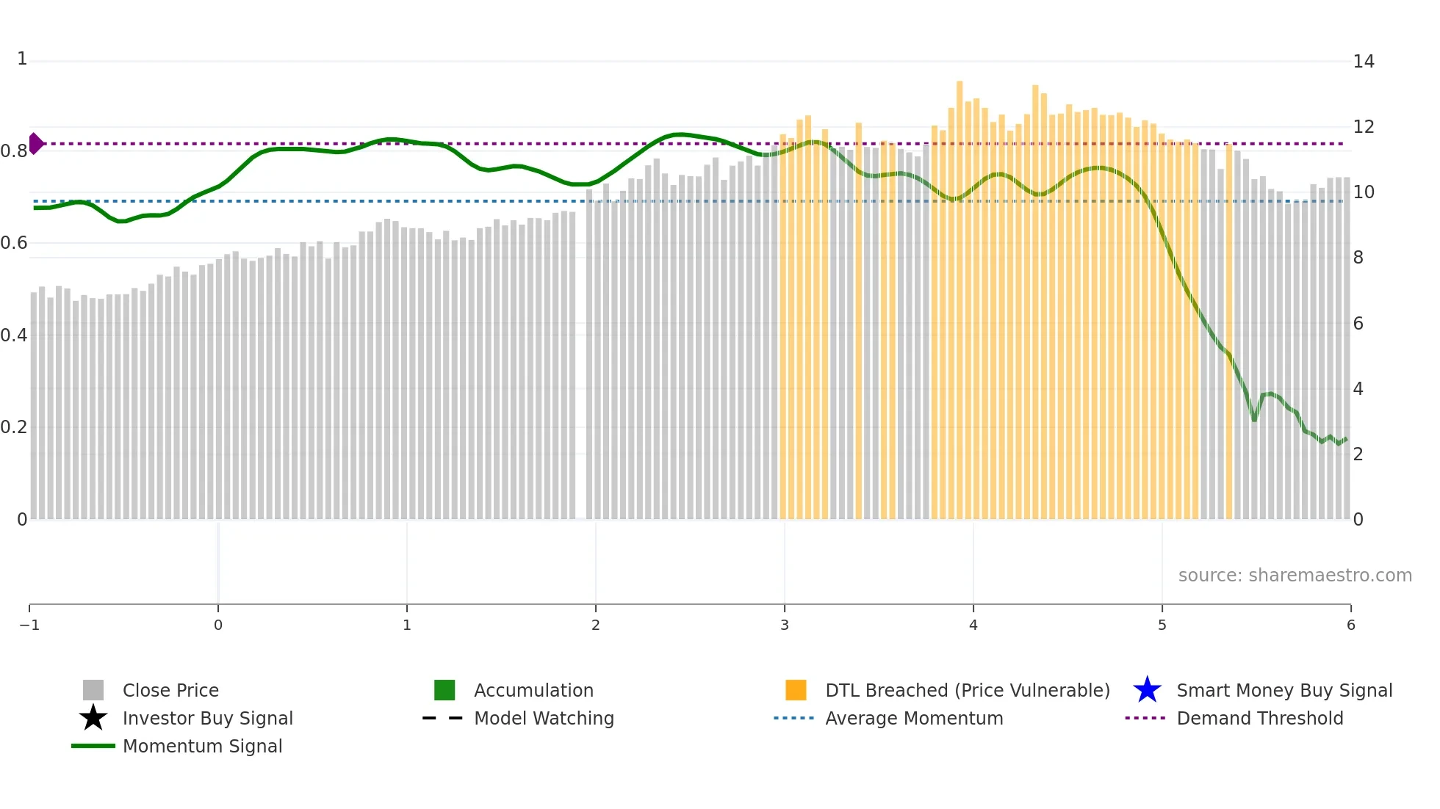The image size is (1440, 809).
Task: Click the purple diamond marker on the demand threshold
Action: [36, 144]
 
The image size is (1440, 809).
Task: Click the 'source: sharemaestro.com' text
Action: [1295, 576]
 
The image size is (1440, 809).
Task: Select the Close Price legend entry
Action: [170, 691]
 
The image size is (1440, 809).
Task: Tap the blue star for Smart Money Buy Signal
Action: [1147, 691]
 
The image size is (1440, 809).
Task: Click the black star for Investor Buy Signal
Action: [93, 719]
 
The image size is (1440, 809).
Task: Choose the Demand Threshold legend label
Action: [1259, 719]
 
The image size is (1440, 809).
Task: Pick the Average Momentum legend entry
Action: [913, 719]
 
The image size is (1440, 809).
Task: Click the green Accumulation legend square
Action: [444, 691]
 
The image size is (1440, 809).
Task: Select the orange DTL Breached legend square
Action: [796, 691]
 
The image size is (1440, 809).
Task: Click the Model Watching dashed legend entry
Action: [543, 719]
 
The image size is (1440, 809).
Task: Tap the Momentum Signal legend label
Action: [202, 747]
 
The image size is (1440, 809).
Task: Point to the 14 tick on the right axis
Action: [1363, 62]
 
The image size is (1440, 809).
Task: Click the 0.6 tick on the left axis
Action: [15, 243]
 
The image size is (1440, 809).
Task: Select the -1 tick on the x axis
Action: [29, 625]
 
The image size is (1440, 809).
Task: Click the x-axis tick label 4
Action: [973, 625]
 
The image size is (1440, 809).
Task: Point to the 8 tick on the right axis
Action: [1358, 258]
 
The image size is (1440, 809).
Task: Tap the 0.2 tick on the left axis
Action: [15, 427]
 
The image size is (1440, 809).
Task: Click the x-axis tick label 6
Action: [1350, 625]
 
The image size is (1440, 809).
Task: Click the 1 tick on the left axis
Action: [22, 59]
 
